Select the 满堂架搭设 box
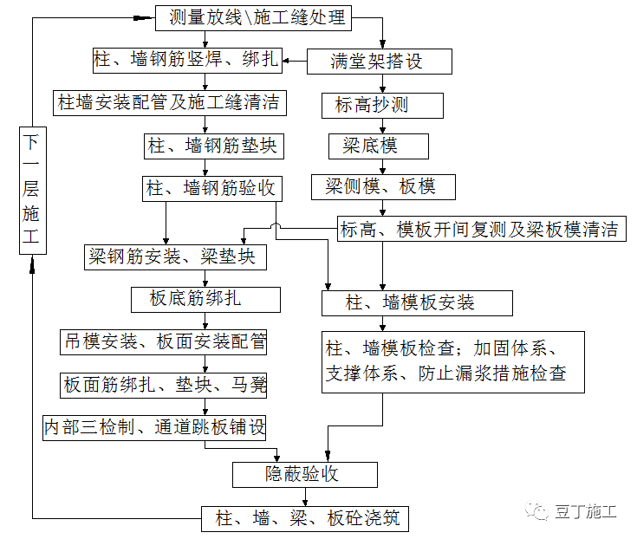[x=380, y=61]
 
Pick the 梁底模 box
[x=379, y=146]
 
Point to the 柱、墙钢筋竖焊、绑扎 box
[x=186, y=60]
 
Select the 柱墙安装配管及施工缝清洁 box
[x=169, y=102]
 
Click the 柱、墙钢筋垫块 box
[x=212, y=145]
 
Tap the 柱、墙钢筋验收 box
[x=212, y=187]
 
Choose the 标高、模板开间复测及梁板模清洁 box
[x=478, y=230]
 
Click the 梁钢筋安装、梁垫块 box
[x=174, y=257]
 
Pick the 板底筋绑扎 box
[x=205, y=299]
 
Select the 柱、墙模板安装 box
[x=417, y=302]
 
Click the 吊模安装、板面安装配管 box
[x=163, y=341]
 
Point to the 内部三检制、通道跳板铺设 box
[x=154, y=426]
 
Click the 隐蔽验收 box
[x=305, y=474]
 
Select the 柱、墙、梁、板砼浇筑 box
[x=304, y=519]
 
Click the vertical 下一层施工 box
[x=31, y=190]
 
